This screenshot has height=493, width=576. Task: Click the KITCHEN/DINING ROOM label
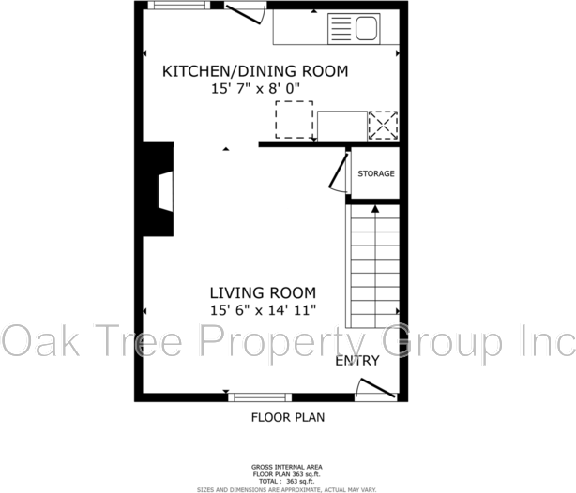click(255, 71)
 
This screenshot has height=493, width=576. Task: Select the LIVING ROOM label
click(263, 292)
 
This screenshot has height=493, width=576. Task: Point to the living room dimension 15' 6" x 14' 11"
click(263, 309)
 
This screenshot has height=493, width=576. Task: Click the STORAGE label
click(375, 173)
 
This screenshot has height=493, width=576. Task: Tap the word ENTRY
click(357, 361)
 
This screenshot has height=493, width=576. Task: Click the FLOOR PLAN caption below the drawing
click(288, 418)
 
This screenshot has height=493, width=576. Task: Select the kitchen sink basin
click(366, 29)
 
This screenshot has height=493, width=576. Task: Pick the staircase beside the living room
click(374, 267)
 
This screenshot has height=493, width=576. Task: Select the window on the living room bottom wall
click(258, 397)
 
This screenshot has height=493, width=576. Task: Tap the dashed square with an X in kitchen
click(383, 125)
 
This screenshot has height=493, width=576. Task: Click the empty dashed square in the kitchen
click(294, 120)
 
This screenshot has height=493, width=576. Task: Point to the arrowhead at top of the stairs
click(374, 211)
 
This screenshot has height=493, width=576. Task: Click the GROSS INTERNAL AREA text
click(287, 467)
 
